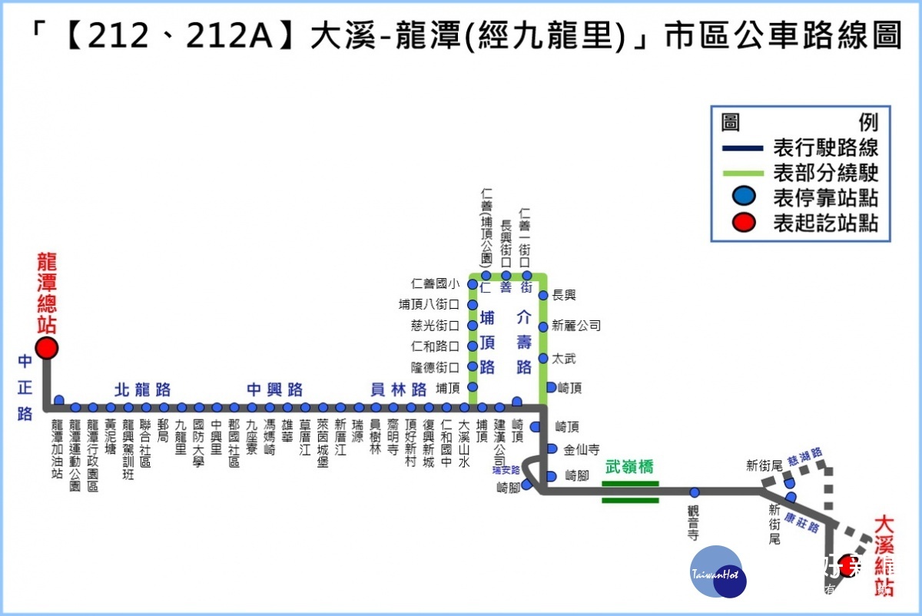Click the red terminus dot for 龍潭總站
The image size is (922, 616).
[47, 348]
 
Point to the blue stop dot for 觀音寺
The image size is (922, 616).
[695, 492]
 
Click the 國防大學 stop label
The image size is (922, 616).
[199, 442]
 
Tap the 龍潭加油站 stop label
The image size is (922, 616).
[58, 449]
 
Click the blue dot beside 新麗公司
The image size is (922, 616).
[543, 326]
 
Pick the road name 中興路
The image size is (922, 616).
[274, 389]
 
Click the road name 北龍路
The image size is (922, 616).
[142, 389]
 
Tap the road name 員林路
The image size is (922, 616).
[398, 389]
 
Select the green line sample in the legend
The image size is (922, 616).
[742, 173]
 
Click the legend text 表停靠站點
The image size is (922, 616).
[825, 198]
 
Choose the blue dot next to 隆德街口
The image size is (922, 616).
[473, 367]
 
